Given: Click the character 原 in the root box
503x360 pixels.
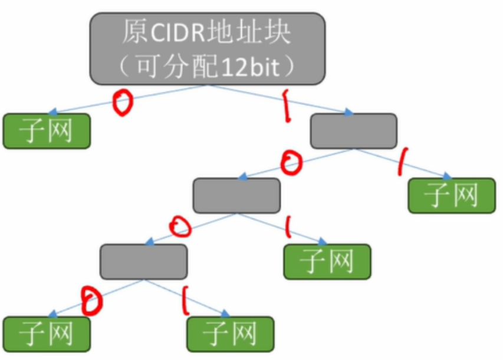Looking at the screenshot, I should (134, 32).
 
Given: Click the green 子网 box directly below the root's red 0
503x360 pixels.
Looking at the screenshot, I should (47, 131).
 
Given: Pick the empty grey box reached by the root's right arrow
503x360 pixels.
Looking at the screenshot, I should (353, 131).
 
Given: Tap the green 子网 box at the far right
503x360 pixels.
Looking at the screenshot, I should (452, 196).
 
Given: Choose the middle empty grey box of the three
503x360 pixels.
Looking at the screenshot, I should (236, 195).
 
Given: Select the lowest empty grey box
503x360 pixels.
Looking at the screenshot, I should (143, 262).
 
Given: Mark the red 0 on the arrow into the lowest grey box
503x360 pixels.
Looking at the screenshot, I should (180, 226).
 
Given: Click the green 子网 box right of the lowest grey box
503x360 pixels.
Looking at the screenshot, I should (327, 262).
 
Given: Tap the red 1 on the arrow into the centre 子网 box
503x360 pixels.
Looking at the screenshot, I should (288, 226).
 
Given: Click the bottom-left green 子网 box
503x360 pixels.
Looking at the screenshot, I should (47, 334).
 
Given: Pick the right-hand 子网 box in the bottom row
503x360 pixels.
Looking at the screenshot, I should (230, 334).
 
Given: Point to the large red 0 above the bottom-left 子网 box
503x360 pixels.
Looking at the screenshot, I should (92, 300).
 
